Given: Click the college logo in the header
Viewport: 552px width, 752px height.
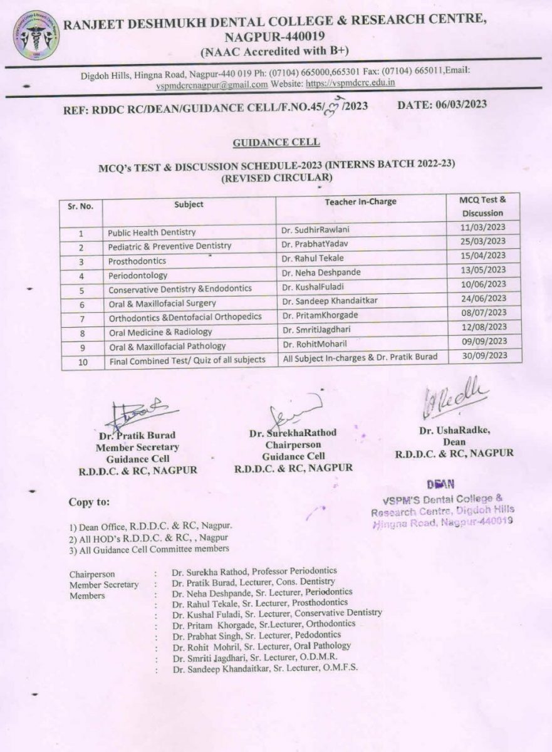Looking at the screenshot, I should [36, 36].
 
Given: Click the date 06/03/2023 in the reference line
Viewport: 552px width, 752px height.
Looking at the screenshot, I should [442, 105].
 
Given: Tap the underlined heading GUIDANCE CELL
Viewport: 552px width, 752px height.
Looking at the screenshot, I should [276, 143].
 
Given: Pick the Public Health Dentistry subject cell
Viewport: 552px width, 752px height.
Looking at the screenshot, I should [152, 232].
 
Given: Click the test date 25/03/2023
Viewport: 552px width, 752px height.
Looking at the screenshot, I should [482, 241].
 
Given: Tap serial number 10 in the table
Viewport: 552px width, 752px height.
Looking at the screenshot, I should [81, 362].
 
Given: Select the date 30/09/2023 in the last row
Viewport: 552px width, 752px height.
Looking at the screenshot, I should [482, 356].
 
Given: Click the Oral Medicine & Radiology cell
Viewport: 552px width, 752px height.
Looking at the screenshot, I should [160, 332].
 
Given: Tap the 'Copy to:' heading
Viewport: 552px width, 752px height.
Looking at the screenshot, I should [90, 502].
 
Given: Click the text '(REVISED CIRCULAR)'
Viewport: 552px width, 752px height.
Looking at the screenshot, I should [276, 177].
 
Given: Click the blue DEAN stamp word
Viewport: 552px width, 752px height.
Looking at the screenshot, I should [441, 484].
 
